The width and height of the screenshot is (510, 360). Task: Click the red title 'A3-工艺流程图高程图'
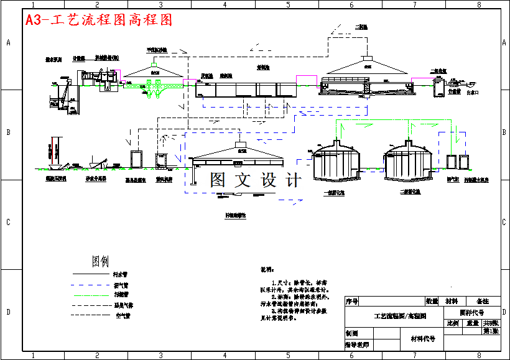pos(98,20)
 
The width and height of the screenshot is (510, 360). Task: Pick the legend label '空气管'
pos(124,316)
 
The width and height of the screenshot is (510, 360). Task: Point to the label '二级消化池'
pos(411,192)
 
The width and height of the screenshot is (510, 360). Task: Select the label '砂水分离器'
pos(96,178)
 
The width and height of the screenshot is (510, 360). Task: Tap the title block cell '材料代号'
pos(422,339)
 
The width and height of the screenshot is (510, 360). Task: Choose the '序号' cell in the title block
pos(352,302)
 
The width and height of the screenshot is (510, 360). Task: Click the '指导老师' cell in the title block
pos(356,344)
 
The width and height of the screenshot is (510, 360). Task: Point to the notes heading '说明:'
pos(267,270)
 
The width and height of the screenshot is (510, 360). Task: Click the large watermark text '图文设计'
pos(255,180)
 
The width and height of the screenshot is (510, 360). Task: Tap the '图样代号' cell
pos(472,312)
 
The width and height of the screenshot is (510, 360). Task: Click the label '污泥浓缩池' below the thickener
pos(236,215)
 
